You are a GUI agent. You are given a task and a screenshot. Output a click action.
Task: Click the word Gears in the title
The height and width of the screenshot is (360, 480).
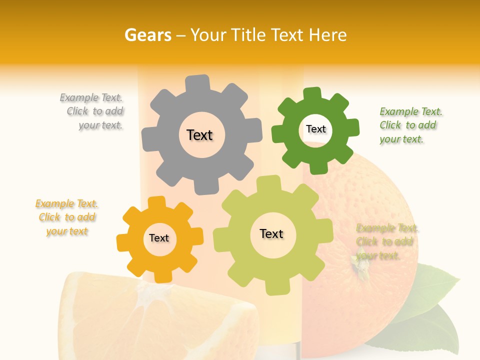tap(147, 35)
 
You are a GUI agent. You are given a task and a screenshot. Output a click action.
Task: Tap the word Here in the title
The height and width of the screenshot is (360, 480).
tap(327, 35)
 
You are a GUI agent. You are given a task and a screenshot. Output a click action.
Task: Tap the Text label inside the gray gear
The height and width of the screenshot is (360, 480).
tap(199, 135)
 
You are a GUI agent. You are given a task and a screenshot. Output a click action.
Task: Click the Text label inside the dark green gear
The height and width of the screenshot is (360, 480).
tap(316, 129)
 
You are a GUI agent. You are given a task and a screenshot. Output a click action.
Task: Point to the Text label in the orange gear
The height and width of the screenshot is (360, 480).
tap(159, 238)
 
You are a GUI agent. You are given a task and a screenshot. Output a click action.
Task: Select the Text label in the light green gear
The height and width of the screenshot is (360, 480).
tap(271, 233)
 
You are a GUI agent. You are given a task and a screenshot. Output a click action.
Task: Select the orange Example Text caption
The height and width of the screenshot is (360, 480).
tap(67, 217)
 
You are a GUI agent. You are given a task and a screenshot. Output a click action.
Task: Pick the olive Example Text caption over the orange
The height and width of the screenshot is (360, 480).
tap(386, 242)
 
